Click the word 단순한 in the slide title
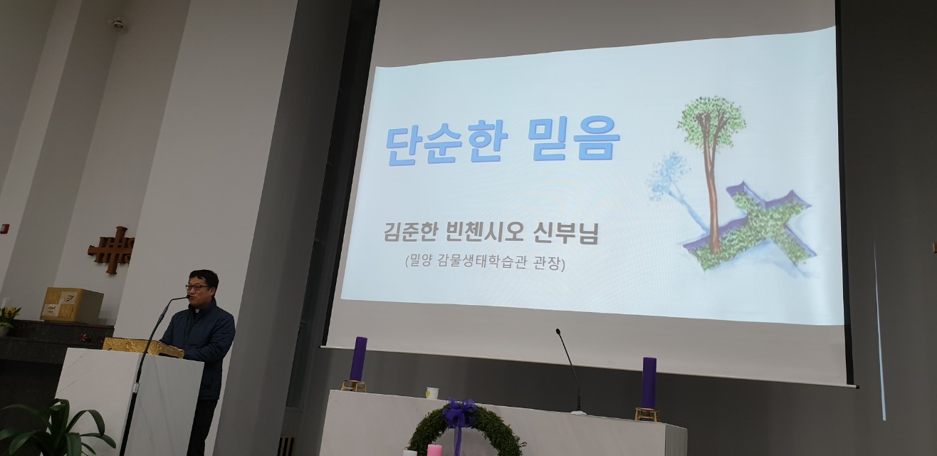(446, 143)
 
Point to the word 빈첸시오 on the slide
(486, 232)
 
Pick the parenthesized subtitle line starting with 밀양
(485, 263)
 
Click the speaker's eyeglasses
(197, 287)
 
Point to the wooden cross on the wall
(112, 250)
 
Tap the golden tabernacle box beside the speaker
(72, 304)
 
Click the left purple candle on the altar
(358, 358)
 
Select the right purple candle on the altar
(649, 383)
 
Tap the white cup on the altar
(432, 393)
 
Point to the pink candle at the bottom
(434, 450)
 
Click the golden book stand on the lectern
(143, 347)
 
